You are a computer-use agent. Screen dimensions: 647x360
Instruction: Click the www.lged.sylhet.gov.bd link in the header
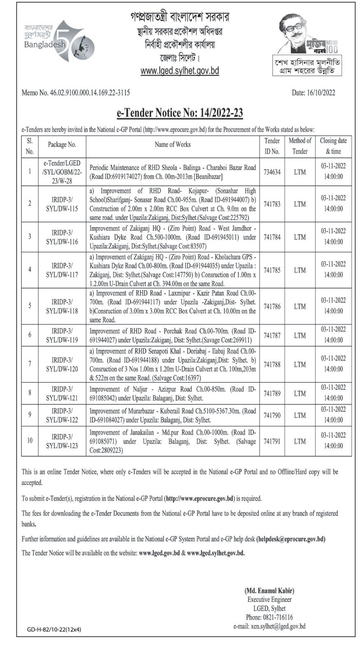point(179,71)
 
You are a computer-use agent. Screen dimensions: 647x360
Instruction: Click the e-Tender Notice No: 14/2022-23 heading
point(180,113)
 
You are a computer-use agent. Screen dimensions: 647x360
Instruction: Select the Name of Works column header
point(172,144)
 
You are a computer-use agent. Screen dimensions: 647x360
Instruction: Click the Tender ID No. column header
point(272,146)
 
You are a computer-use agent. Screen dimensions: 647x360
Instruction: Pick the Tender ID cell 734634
point(272,172)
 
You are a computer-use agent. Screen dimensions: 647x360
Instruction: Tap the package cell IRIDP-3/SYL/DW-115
point(62,204)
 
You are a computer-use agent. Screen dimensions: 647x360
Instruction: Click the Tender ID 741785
point(272,270)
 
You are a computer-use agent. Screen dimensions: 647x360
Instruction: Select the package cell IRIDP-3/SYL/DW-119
point(62,335)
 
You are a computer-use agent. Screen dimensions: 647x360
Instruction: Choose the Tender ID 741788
point(272,364)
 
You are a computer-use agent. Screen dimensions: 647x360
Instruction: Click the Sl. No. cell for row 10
point(30,440)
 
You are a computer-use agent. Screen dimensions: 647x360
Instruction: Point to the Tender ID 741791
point(272,441)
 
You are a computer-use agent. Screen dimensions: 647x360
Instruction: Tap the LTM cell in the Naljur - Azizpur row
point(300,393)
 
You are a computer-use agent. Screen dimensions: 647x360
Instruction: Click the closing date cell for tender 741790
point(333,415)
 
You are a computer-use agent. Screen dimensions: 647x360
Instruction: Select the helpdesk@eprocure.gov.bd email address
point(291,539)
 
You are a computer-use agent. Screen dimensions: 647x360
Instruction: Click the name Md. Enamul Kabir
point(269,591)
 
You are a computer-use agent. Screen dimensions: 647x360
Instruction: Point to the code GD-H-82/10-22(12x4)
point(54,629)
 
